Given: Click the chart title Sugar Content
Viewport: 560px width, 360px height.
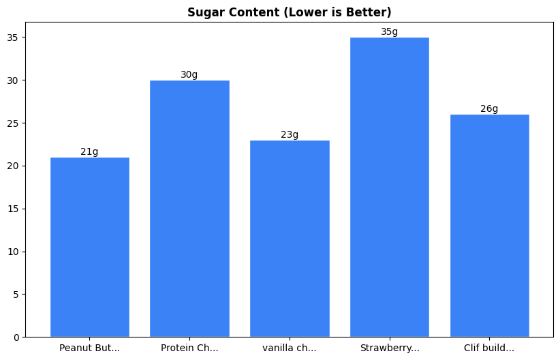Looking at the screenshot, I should tap(290, 12).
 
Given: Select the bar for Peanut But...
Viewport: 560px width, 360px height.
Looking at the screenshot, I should tap(89, 247).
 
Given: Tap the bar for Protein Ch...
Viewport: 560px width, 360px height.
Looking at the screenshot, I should tap(189, 209).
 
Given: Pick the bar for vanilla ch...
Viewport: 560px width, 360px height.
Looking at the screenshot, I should tap(290, 239).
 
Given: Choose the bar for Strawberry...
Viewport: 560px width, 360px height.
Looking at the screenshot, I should tap(389, 187).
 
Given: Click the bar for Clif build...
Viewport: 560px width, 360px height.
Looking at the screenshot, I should tap(489, 226).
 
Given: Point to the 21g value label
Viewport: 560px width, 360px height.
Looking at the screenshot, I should tap(89, 152).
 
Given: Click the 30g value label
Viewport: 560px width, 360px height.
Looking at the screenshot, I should tap(189, 75).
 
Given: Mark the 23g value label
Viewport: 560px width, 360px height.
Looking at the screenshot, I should tap(290, 135).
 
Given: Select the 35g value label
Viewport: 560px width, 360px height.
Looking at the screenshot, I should tap(389, 32).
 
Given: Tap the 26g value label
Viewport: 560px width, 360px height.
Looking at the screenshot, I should tap(489, 109).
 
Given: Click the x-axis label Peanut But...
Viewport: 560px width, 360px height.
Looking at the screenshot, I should tap(89, 348).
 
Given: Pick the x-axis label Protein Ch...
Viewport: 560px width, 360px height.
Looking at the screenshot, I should tap(189, 348).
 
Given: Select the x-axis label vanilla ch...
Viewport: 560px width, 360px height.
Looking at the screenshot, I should tap(290, 348).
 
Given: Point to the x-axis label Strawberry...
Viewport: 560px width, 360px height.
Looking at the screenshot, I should tap(389, 348).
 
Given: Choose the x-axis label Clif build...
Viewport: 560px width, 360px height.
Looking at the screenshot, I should tap(489, 348).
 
